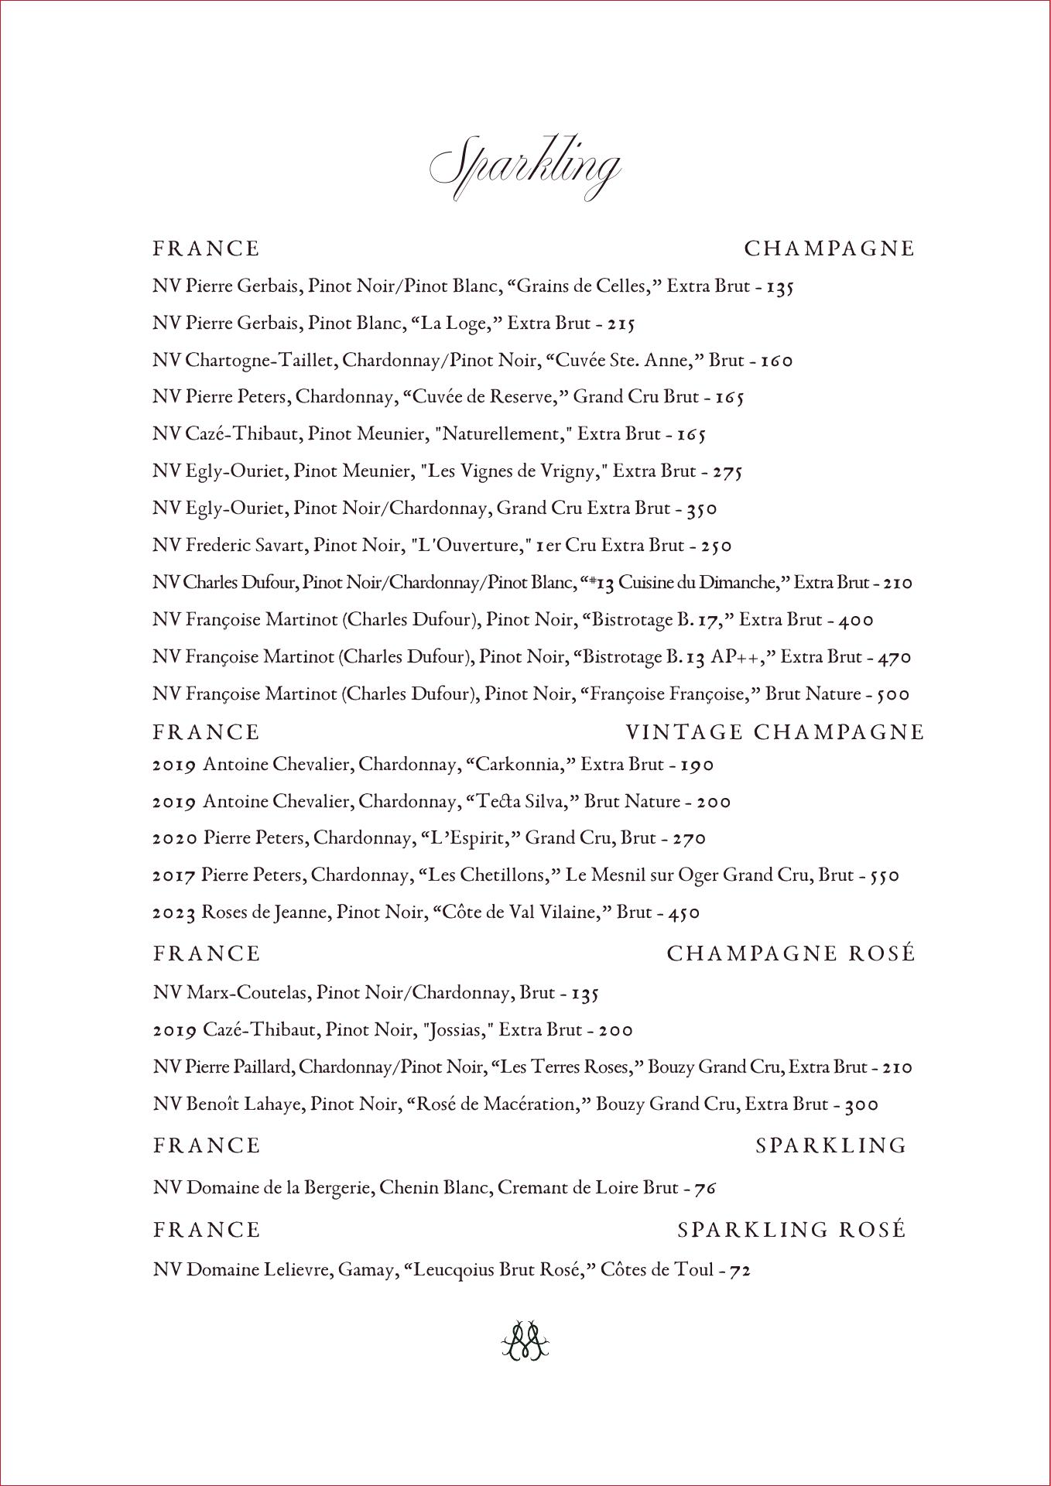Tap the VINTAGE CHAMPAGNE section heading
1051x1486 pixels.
click(775, 732)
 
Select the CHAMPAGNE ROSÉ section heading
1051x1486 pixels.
click(791, 954)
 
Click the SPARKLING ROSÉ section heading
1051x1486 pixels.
click(791, 1230)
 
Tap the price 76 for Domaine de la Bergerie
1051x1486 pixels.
click(705, 1188)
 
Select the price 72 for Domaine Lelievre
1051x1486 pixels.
click(741, 1270)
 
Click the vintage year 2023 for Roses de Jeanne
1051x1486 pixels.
click(174, 913)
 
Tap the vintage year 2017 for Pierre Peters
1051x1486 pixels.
click(174, 876)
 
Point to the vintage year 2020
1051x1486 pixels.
click(174, 839)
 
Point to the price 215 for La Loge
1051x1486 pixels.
click(621, 324)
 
